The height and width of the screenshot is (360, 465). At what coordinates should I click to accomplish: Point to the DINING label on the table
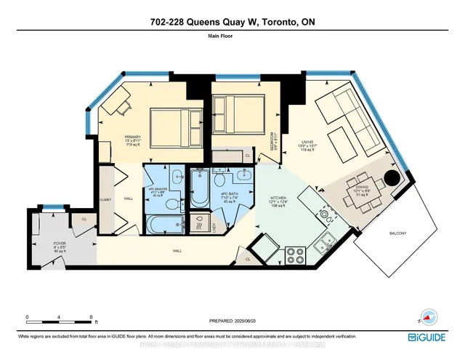click(361, 191)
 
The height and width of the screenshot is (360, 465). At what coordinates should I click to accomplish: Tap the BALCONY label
click(397, 233)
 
